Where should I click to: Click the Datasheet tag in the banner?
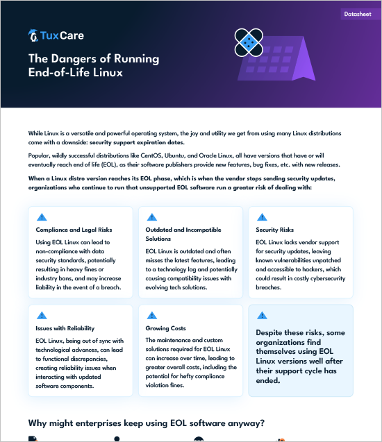[x=358, y=14]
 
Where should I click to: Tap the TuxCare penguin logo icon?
[x=33, y=35]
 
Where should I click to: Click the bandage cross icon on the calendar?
[x=249, y=42]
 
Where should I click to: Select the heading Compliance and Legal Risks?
[x=74, y=230]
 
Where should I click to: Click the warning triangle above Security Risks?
[x=262, y=216]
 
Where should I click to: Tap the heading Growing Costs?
[x=165, y=328]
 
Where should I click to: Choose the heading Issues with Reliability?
[x=65, y=328]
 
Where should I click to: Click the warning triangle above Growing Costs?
[x=152, y=315]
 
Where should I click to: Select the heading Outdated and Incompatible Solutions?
[x=183, y=234]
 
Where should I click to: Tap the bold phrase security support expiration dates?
[x=137, y=142]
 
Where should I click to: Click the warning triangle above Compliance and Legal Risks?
[x=42, y=216]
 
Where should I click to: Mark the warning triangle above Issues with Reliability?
[x=42, y=315]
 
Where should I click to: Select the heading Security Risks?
[x=274, y=230]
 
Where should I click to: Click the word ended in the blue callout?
[x=267, y=380]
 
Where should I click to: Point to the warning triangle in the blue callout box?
[x=262, y=315]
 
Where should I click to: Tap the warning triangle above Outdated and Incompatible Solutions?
[x=152, y=216]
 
